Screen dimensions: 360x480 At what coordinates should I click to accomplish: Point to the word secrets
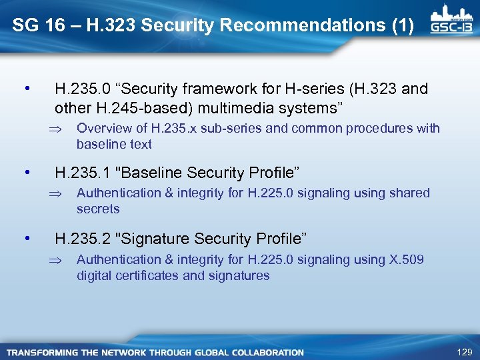click(x=98, y=209)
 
